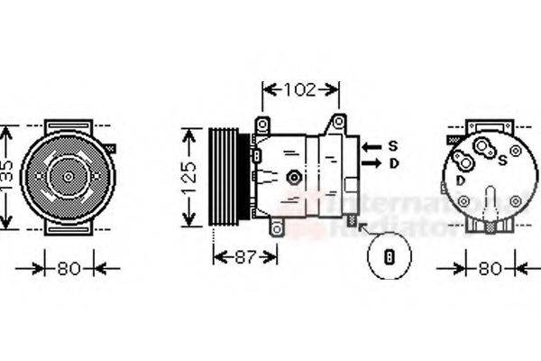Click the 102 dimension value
coord(300,89)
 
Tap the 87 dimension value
coord(245,257)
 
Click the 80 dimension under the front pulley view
coord(68,268)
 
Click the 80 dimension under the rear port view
coord(489,268)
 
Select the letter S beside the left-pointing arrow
coord(393,145)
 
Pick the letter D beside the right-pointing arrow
coord(393,163)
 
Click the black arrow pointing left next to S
coord(370,145)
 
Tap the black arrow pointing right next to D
coord(370,163)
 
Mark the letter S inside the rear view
coord(501,160)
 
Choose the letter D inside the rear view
coord(461,180)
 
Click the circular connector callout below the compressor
coord(390,255)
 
